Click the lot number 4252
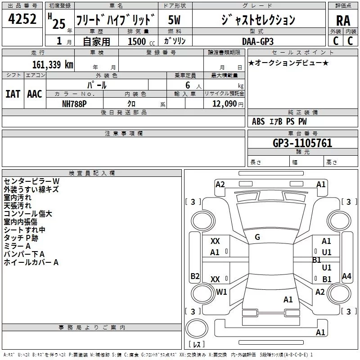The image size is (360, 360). pyautogui.click(x=22, y=19)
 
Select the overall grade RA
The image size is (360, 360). pyautogui.click(x=343, y=21)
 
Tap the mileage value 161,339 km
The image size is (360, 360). pyautogui.click(x=53, y=65)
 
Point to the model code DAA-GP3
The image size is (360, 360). pyautogui.click(x=258, y=41)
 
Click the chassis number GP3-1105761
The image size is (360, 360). pyautogui.click(x=302, y=143)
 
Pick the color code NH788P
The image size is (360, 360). pyautogui.click(x=74, y=104)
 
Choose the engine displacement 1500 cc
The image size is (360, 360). pyautogui.click(x=141, y=41)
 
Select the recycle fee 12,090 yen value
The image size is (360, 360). pyautogui.click(x=228, y=104)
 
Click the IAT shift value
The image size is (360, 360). pyautogui.click(x=13, y=94)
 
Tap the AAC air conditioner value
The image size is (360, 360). pyautogui.click(x=35, y=94)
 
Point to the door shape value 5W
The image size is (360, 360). pyautogui.click(x=174, y=20)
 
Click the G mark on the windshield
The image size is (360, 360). pyautogui.click(x=257, y=237)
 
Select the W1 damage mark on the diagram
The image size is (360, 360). pyautogui.click(x=221, y=292)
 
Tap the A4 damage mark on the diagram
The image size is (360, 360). pyautogui.click(x=346, y=276)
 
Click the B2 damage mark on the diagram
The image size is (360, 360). pyautogui.click(x=195, y=276)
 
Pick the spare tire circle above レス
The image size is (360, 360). pyautogui.click(x=197, y=328)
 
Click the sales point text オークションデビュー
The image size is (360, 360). pyautogui.click(x=288, y=63)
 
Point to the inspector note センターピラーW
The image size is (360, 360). pyautogui.click(x=31, y=181)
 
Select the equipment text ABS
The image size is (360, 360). pyautogui.click(x=258, y=121)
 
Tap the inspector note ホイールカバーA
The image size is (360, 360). pyautogui.click(x=31, y=262)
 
